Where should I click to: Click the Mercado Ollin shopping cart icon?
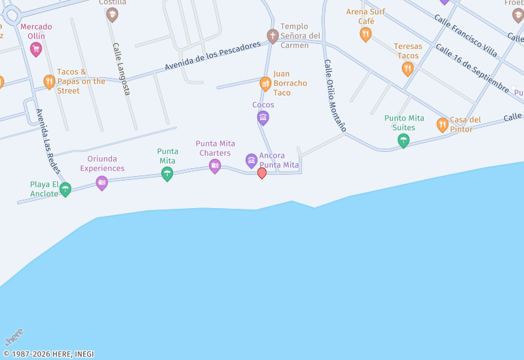click(36, 48)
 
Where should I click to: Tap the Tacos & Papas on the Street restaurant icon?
click(49, 82)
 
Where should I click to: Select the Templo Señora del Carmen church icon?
click(272, 35)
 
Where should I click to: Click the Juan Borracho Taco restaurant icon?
click(265, 84)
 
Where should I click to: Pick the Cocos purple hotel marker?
click(263, 118)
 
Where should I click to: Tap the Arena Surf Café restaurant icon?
click(365, 34)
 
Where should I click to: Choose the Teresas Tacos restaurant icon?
click(407, 68)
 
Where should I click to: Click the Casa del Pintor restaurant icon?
click(442, 124)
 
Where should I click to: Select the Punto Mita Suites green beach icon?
click(403, 140)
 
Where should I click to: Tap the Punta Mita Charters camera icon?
click(215, 166)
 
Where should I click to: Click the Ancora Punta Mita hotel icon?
click(252, 160)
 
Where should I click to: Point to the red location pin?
click(262, 173)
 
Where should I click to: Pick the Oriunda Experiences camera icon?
click(102, 183)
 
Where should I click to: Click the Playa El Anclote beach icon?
click(65, 189)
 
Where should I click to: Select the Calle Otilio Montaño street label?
click(334, 96)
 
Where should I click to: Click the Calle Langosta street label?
click(121, 69)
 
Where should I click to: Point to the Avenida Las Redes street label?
click(48, 141)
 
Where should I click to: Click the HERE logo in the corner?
click(14, 337)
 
